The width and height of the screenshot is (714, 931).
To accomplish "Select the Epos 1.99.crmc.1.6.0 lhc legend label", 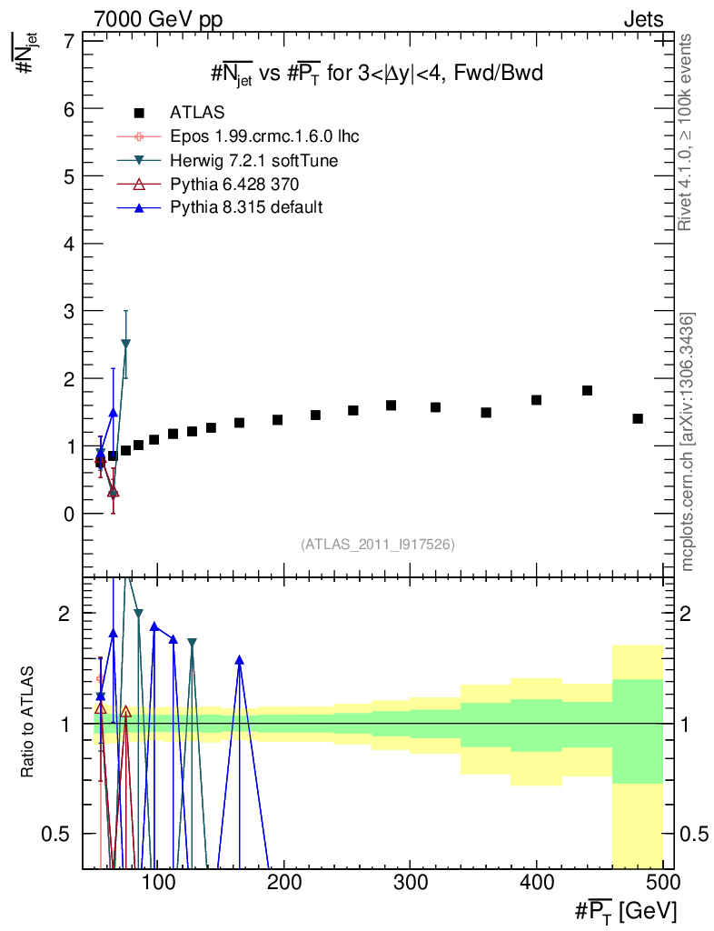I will click(264, 136).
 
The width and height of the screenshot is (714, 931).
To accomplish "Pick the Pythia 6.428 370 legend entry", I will click(233, 184).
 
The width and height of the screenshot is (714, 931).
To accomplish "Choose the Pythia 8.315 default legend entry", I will click(246, 207).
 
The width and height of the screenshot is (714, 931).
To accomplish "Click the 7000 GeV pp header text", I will click(158, 19).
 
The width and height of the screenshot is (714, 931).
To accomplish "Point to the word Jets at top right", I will click(642, 19).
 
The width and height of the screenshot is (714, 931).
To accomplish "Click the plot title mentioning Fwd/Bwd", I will click(377, 75).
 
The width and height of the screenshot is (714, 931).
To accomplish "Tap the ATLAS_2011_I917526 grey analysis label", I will click(378, 544).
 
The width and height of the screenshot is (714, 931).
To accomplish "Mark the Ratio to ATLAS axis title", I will click(28, 722).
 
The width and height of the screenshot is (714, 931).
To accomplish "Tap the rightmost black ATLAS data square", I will click(638, 418).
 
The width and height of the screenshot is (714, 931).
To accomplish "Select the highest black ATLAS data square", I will click(587, 391).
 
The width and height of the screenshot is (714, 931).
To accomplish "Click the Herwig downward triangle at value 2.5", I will click(125, 344).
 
